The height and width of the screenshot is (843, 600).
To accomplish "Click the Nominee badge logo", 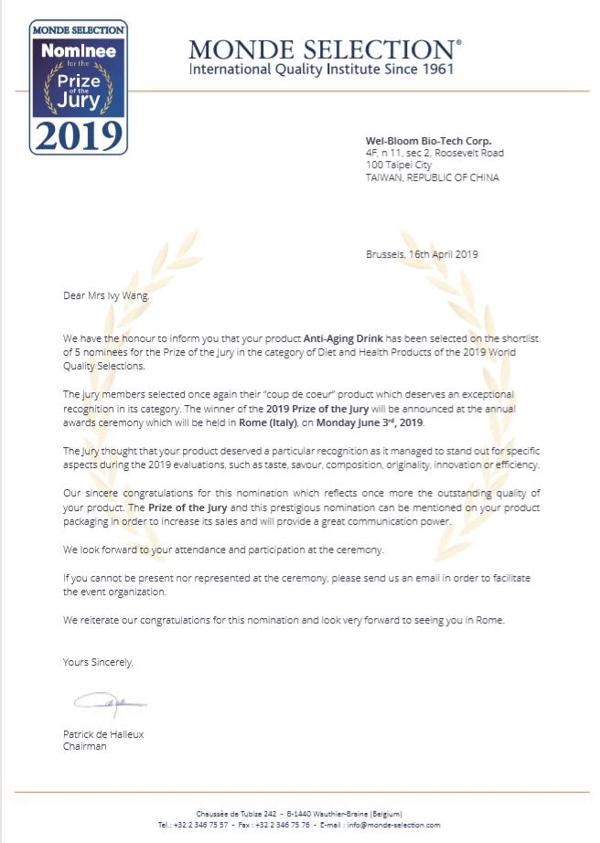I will pyautogui.click(x=79, y=88).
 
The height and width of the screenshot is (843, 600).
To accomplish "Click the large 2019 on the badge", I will pyautogui.click(x=79, y=134).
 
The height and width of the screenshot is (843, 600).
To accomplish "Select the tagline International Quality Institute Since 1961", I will pyautogui.click(x=320, y=69).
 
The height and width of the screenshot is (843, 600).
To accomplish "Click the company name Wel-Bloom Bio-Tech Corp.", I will pyautogui.click(x=428, y=141).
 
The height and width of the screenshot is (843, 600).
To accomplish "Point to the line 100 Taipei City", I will pyautogui.click(x=399, y=165).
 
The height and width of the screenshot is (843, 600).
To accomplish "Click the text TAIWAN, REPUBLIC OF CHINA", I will pyautogui.click(x=432, y=177).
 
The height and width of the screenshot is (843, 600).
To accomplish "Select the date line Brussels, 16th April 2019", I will pyautogui.click(x=421, y=254).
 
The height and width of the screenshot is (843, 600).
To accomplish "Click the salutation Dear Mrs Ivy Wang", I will pyautogui.click(x=105, y=295).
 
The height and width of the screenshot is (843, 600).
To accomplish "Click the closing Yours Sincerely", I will pyautogui.click(x=98, y=661).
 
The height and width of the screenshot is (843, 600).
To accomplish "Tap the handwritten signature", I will pyautogui.click(x=109, y=704).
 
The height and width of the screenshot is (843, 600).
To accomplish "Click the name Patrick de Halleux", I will pyautogui.click(x=103, y=734).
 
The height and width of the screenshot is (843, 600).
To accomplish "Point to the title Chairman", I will pyautogui.click(x=85, y=746).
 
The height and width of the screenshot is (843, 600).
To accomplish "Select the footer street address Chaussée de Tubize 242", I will pyautogui.click(x=236, y=814).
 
